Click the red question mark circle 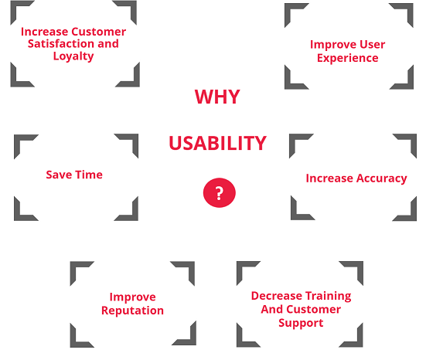pos(219,192)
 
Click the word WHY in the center pos(216,97)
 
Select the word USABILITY pos(217,143)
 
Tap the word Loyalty pos(73,56)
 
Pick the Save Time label pos(74,175)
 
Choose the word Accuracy pos(381,178)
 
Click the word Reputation pos(132,311)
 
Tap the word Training pos(329,296)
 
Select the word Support pos(301,323)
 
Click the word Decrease pos(276,296)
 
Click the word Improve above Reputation pos(132,297)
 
